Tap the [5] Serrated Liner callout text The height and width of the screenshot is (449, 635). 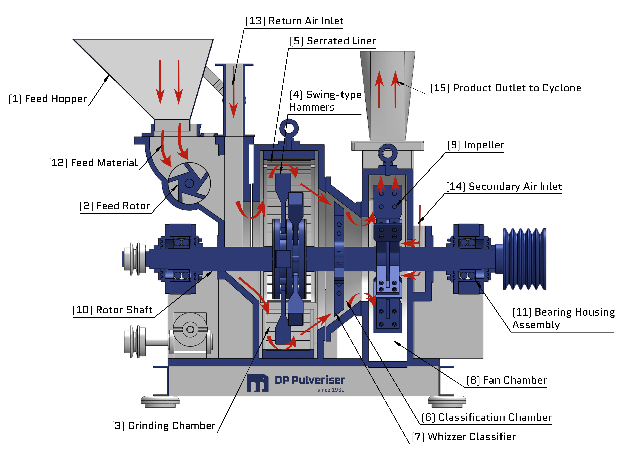pos(333,41)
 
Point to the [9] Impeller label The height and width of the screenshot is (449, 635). pos(476,145)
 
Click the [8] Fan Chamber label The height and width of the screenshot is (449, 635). pos(506,380)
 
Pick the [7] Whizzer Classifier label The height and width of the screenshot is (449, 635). pos(463,437)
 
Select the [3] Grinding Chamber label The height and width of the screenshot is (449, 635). pos(163,426)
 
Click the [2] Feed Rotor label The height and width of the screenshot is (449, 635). pos(115,206)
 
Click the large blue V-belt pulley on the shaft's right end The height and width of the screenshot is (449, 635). pos(524,259)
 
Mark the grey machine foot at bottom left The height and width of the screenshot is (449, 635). pos(160,402)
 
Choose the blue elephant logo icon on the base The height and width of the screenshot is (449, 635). pos(257,383)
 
